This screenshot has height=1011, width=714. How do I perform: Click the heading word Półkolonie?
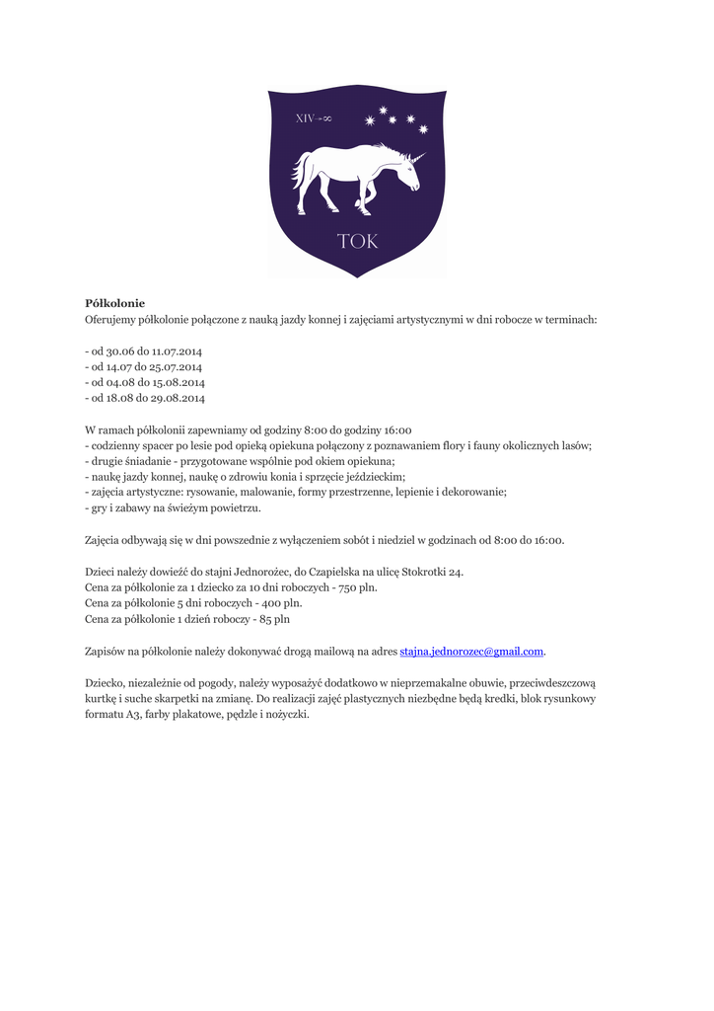coord(114,303)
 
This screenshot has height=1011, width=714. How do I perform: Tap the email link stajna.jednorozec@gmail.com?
coord(471,652)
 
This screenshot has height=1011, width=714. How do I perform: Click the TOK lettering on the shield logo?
coord(357,242)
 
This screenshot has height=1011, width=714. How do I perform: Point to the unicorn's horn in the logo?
coord(417,157)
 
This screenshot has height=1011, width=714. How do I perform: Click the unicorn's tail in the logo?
coord(299,171)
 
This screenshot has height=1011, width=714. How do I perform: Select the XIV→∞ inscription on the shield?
coord(314,118)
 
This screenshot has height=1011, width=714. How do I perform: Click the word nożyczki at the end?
coord(285,714)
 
